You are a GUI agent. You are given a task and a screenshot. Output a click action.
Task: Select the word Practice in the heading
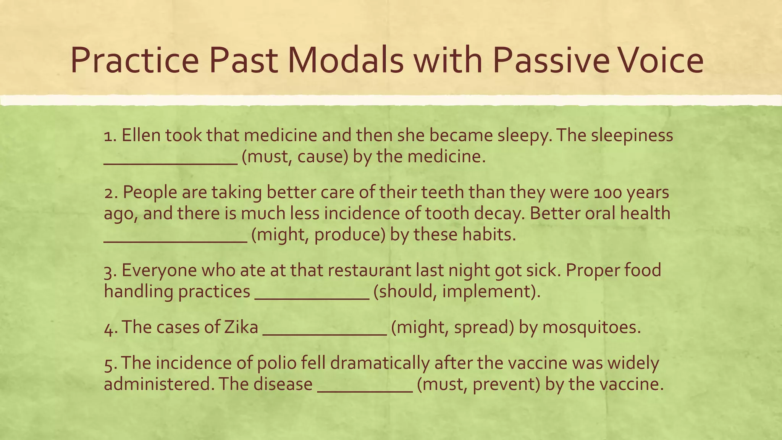[134, 60]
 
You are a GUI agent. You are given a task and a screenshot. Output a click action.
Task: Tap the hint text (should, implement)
[457, 292]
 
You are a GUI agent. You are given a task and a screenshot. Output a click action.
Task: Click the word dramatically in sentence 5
[380, 363]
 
